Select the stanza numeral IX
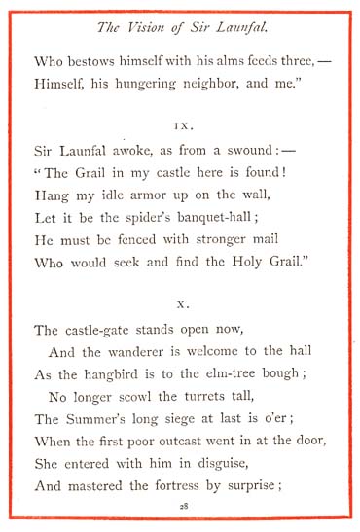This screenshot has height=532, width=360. pos(181,126)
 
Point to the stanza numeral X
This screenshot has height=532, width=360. pos(182,303)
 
